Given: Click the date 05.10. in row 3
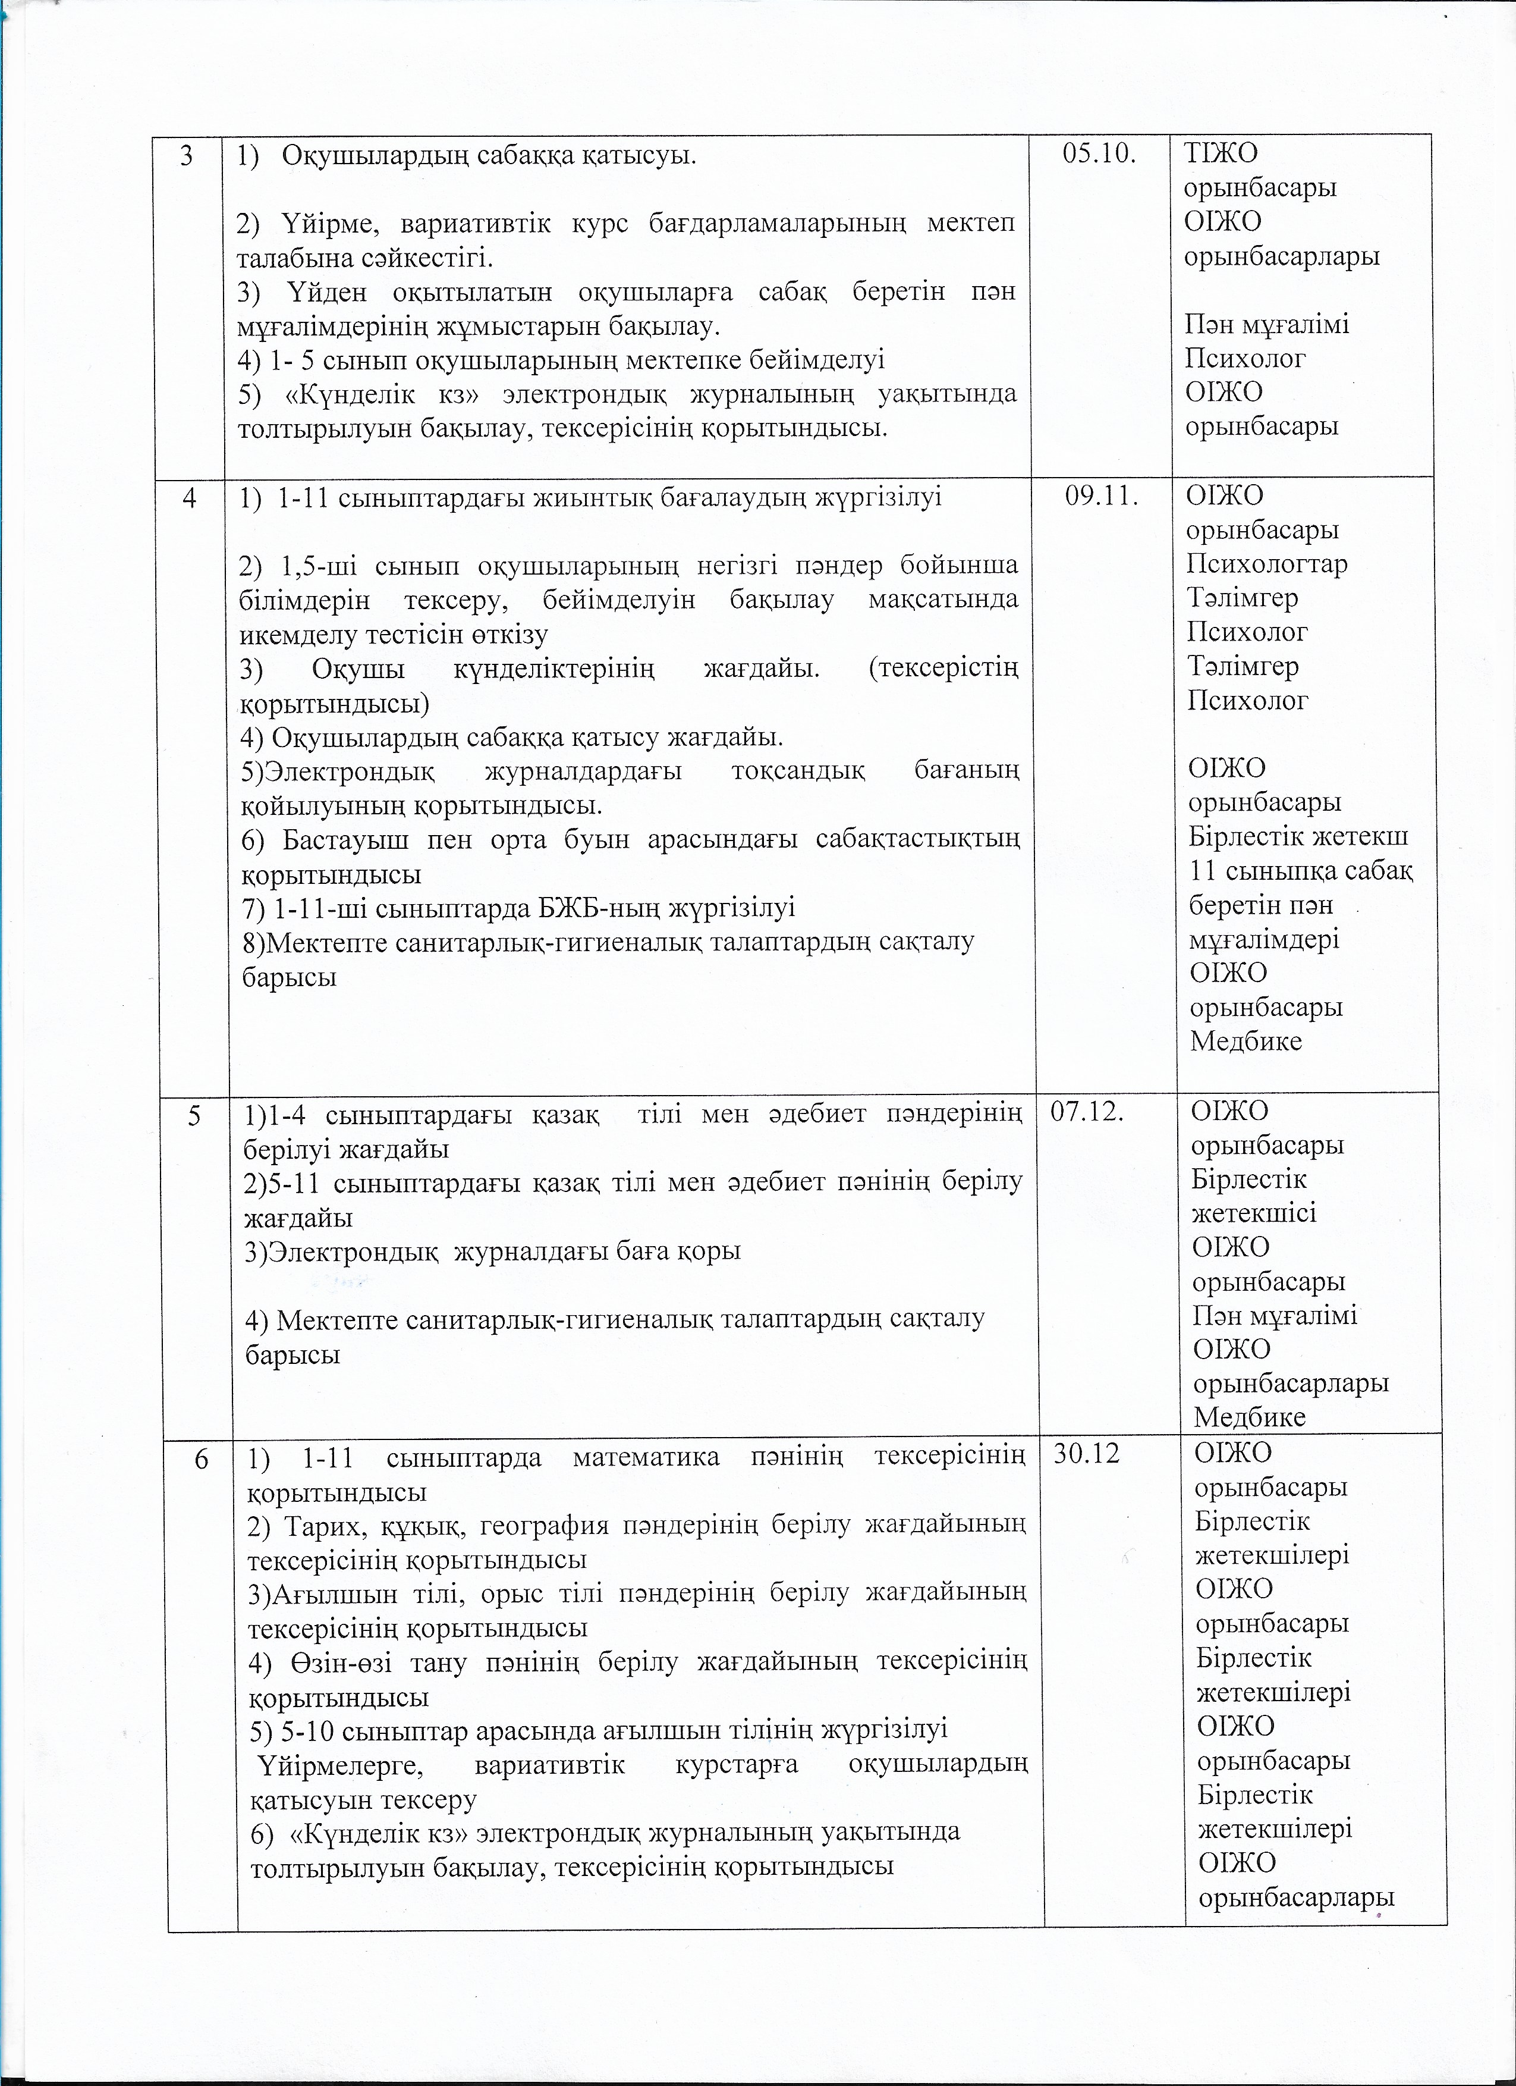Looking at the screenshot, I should pos(1099,155).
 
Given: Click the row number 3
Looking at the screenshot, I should pos(187,155).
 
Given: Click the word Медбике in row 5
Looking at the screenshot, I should pos(1250,1416).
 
